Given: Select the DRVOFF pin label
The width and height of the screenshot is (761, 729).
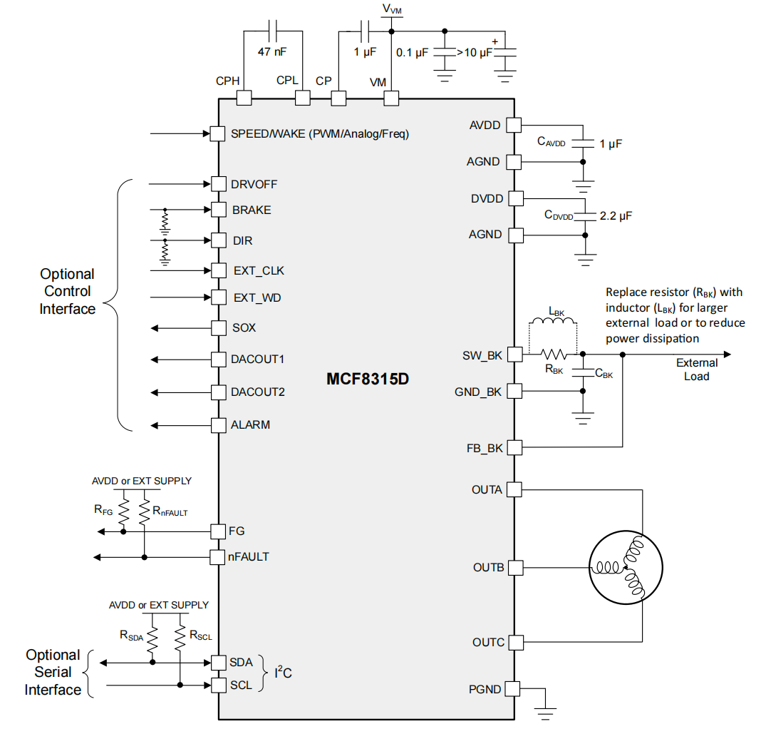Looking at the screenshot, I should pyautogui.click(x=254, y=185).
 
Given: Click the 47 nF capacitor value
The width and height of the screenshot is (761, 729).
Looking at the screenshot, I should pyautogui.click(x=273, y=52).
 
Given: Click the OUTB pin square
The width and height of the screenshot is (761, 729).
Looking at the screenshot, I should pyautogui.click(x=514, y=568).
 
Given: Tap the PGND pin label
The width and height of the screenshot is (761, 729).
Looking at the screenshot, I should pyautogui.click(x=485, y=689).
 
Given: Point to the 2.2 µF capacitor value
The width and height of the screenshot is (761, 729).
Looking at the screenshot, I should pyautogui.click(x=616, y=214).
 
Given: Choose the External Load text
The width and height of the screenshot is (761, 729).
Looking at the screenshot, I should pyautogui.click(x=696, y=369).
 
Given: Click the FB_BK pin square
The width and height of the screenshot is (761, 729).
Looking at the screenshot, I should pyautogui.click(x=514, y=448).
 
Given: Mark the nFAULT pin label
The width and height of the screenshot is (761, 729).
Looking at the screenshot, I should pyautogui.click(x=249, y=556).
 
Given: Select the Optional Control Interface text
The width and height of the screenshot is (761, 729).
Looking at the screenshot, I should pyautogui.click(x=67, y=291).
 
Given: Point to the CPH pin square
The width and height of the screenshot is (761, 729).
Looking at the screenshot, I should pyautogui.click(x=244, y=98).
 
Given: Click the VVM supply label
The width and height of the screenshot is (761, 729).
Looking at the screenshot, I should pyautogui.click(x=392, y=9).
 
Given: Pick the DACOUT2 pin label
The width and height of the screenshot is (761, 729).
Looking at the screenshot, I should pyautogui.click(x=257, y=392).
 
